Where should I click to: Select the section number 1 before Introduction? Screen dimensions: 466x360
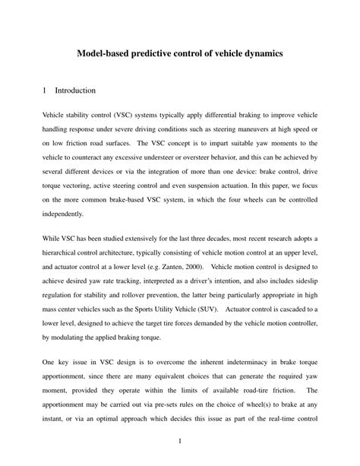45,90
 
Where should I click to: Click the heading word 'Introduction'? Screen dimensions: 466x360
75,90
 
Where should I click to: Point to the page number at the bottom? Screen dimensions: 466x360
180,441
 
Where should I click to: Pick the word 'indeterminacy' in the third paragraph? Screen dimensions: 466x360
231,362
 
